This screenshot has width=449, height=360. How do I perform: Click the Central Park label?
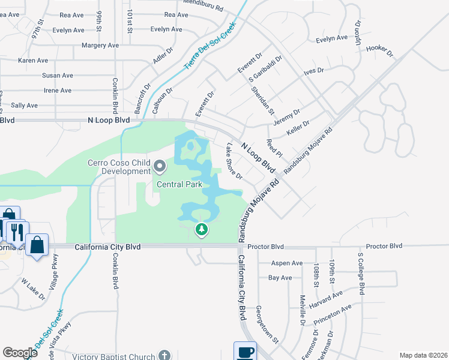[179, 184]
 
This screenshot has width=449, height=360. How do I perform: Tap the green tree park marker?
[202, 229]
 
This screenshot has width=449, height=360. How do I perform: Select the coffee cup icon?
[245, 352]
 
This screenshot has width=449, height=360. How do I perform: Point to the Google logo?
[20, 353]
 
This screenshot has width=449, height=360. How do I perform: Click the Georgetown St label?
[268, 323]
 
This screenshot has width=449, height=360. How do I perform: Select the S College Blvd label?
[361, 273]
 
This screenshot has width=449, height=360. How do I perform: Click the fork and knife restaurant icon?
[16, 231]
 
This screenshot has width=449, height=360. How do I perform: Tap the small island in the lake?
[190, 145]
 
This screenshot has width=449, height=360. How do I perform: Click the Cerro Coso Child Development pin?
[160, 165]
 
